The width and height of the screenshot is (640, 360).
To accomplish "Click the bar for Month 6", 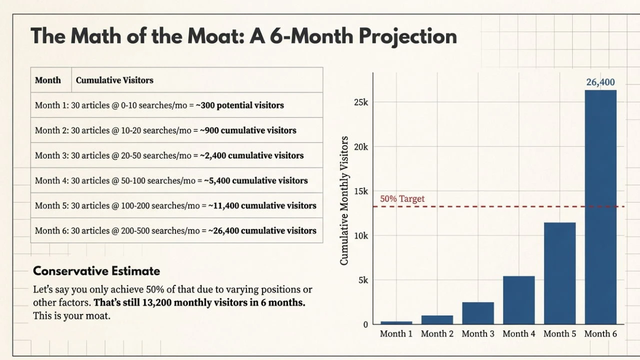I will click(600, 207).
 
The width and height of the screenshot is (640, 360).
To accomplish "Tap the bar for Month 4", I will click(518, 300).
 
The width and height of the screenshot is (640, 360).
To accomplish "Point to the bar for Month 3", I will click(478, 313).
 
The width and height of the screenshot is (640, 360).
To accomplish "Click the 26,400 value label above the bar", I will click(600, 82).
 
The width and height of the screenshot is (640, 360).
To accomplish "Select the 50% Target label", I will click(402, 198).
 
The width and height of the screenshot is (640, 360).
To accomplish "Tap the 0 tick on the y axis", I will click(365, 324).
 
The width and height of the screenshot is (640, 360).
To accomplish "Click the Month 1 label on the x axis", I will click(396, 334).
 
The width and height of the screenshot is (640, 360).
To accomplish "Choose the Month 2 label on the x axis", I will click(437, 334).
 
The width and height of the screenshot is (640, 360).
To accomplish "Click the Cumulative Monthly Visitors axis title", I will click(344, 200).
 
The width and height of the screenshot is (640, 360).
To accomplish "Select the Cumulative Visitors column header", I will click(114, 80).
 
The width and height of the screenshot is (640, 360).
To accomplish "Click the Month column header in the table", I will click(48, 80).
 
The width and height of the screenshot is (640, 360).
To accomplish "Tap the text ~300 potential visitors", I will click(239, 105).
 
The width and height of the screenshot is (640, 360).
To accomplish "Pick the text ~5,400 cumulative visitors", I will click(255, 180).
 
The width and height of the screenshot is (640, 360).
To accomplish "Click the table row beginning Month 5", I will click(175, 205).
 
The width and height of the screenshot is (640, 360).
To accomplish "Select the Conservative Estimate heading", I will click(96, 271).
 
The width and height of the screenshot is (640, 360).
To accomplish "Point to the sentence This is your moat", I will click(71, 316).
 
